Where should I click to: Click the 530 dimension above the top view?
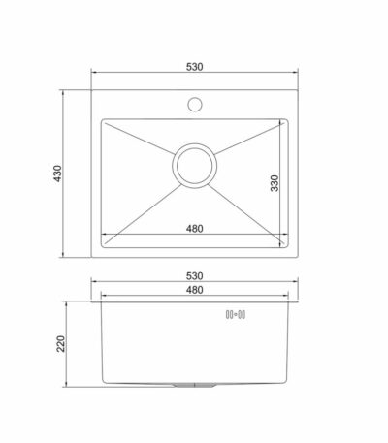coord(195,67)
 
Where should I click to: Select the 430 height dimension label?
coord(57,174)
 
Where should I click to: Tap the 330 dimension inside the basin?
coord(275,183)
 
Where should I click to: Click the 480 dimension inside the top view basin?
coord(195,229)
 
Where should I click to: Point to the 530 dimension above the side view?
coord(195,276)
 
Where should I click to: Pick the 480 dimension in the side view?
coord(195,290)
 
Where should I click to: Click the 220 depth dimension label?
coord(61,343)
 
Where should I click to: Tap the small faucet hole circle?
coord(195,105)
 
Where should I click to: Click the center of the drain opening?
coord(195,166)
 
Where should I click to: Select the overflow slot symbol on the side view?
coord(236,314)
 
